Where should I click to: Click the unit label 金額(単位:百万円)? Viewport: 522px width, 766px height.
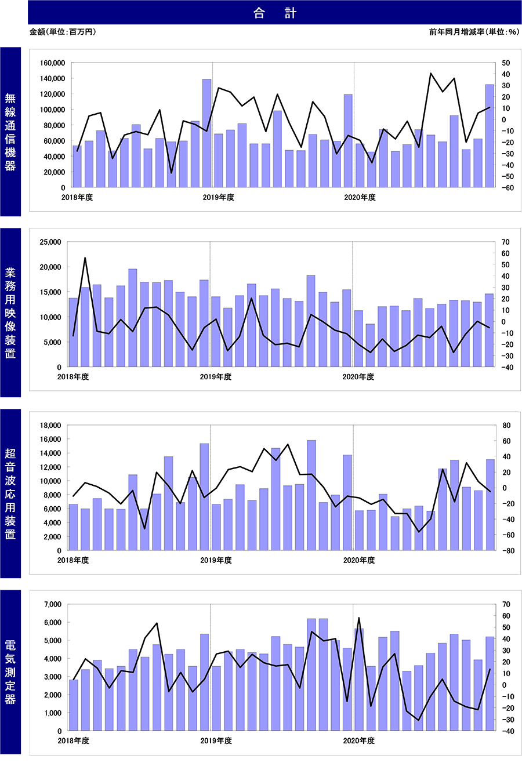63,32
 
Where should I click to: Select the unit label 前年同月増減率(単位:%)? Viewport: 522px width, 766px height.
474,32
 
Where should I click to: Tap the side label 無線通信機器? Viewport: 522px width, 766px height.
10,132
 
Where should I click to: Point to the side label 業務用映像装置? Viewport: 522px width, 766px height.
10,313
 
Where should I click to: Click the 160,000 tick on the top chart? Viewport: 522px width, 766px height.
52,63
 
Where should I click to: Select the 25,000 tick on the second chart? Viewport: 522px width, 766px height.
50,242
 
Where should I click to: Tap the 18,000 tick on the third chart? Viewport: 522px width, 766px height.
50,426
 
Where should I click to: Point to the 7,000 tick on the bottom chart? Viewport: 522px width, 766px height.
53,604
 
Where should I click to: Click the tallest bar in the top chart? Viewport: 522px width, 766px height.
206,133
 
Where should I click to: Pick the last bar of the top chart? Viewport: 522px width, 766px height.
490,136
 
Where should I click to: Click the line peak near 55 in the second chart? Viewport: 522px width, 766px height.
85,257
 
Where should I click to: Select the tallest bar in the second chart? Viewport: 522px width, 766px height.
133,318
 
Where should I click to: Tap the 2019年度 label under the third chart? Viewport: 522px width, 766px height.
216,560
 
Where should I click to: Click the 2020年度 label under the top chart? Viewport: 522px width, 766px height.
360,197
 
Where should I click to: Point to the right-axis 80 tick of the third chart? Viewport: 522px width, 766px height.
506,426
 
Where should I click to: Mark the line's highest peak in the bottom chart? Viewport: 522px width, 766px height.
358,618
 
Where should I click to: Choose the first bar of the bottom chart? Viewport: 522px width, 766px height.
74,705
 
